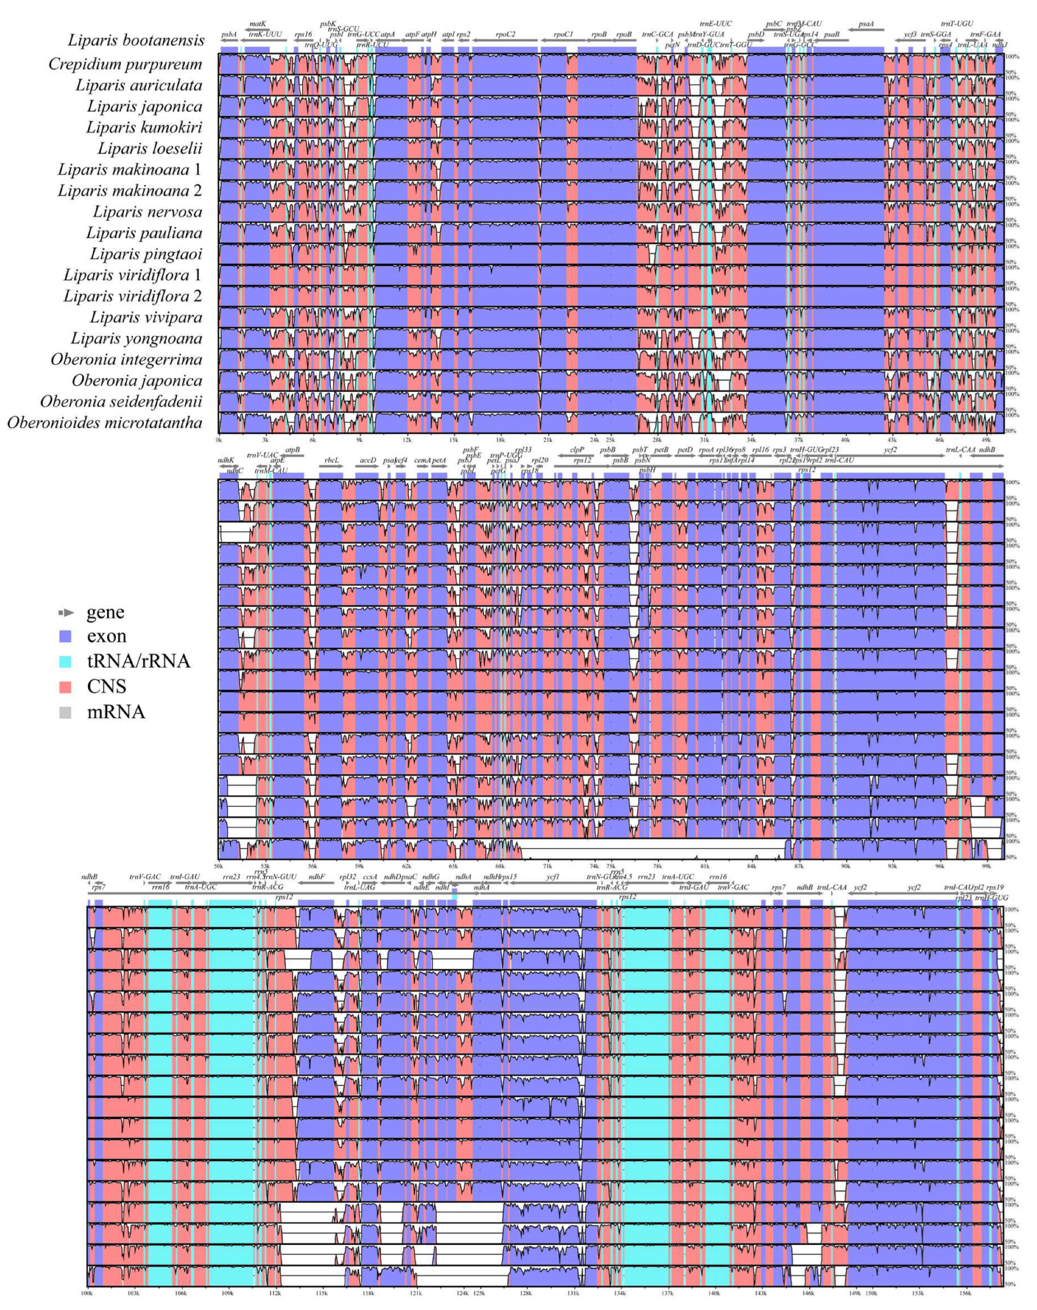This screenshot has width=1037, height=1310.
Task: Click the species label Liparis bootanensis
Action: [x=136, y=41]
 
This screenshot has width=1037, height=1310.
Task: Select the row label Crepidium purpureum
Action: [x=125, y=64]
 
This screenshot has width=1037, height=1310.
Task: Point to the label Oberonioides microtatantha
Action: [x=105, y=423]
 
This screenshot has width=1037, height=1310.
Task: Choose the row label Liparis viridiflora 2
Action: [x=132, y=296]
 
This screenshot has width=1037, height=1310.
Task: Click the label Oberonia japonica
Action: [x=137, y=381]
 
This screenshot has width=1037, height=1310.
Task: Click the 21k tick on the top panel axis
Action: [x=547, y=439]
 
